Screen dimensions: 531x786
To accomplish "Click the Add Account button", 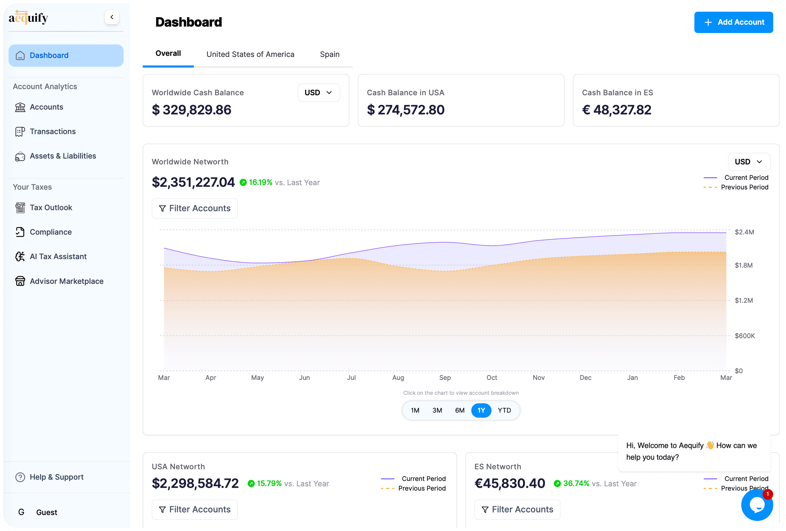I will click(x=733, y=22).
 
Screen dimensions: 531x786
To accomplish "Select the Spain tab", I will click(x=329, y=55).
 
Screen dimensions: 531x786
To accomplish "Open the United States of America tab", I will click(x=250, y=55).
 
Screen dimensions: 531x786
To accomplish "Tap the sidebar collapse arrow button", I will click(x=112, y=17).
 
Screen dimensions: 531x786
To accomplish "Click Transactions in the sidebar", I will click(x=52, y=131).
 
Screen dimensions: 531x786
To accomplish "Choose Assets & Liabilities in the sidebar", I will click(x=63, y=156).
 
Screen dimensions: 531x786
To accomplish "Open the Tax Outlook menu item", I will click(x=51, y=208).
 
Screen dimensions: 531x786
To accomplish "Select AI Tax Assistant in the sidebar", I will click(x=58, y=256).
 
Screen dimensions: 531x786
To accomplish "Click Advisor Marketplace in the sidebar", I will click(x=66, y=281).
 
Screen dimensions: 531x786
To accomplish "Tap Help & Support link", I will click(x=56, y=477).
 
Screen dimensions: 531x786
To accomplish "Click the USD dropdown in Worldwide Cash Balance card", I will click(x=318, y=93).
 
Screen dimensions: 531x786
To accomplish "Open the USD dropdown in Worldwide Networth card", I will click(x=748, y=162).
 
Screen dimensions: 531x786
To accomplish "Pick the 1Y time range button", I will click(x=481, y=410).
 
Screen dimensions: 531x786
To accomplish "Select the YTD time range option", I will click(x=504, y=410).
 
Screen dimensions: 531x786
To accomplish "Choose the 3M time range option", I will click(x=437, y=410).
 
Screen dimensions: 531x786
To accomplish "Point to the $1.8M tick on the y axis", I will click(x=743, y=265).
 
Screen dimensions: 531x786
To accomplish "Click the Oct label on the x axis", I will click(x=492, y=377).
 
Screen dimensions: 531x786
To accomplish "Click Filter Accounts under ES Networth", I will click(x=517, y=509).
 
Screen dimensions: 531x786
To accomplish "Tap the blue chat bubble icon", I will click(x=756, y=505).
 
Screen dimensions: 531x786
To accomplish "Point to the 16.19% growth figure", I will click(x=260, y=182).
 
